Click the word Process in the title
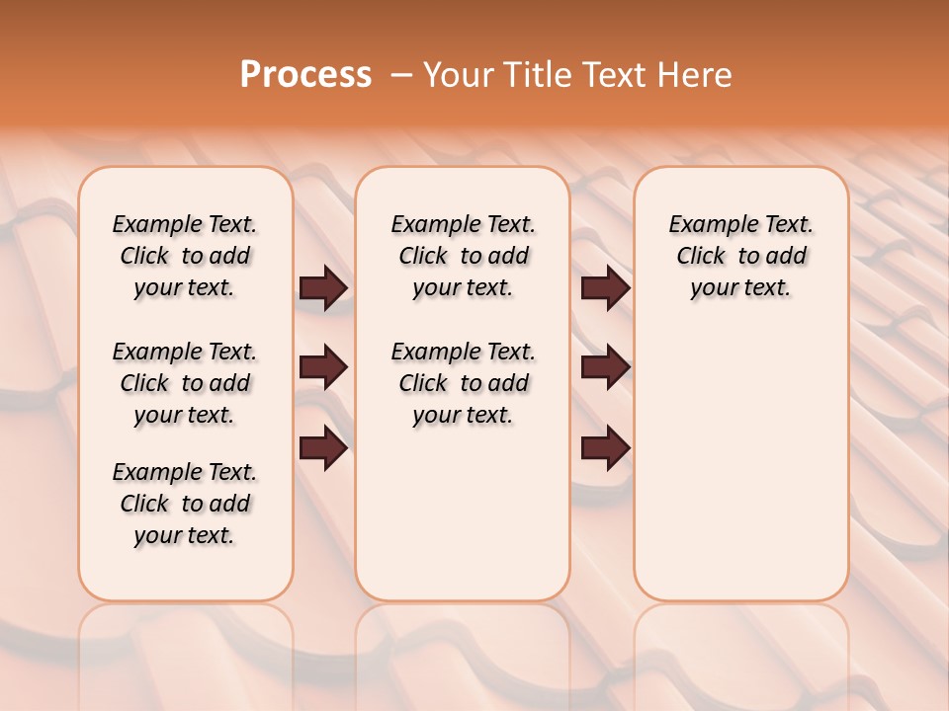click(x=305, y=74)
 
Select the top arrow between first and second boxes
click(x=323, y=287)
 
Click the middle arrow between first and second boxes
click(x=323, y=367)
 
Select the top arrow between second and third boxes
click(x=605, y=287)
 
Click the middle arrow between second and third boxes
click(x=605, y=367)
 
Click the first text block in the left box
click(x=185, y=256)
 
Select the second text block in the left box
click(x=185, y=383)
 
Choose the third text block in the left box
click(x=185, y=504)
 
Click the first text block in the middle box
click(x=464, y=256)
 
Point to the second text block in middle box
click(x=464, y=383)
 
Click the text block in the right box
click(x=741, y=256)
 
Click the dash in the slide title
click(x=401, y=75)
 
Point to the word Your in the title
click(x=457, y=74)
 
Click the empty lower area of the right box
click(x=741, y=474)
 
